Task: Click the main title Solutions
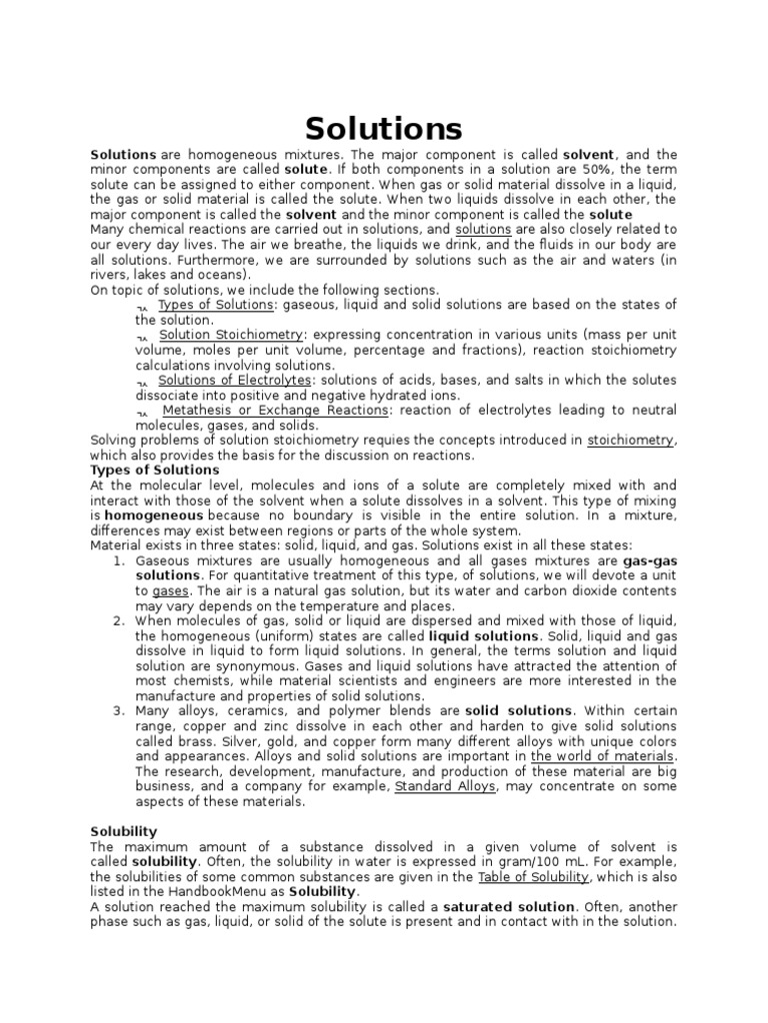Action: pos(384,128)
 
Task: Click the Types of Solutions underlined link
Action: pos(215,305)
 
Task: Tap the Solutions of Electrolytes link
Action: pos(235,380)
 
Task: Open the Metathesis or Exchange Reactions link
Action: pos(275,410)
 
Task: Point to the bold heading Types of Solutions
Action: pos(155,470)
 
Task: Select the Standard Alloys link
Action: pos(446,786)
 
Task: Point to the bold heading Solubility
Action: pos(124,831)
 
